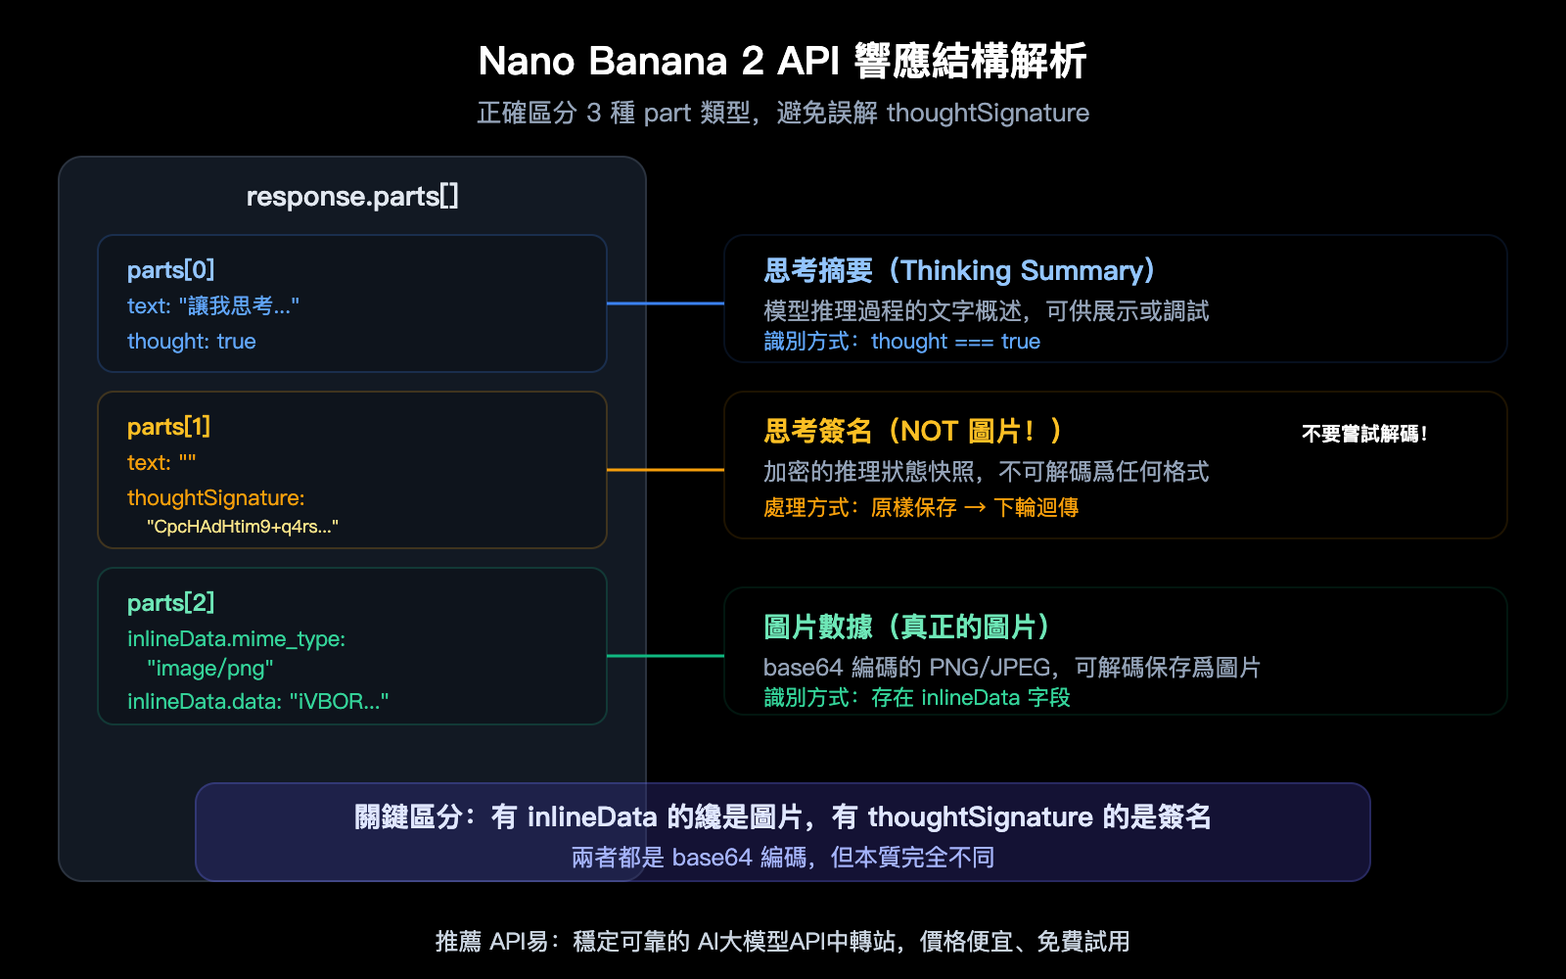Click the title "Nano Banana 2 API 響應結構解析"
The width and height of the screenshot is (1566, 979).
[x=782, y=61]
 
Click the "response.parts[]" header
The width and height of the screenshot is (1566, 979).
[x=352, y=197]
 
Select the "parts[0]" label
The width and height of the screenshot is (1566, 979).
[x=170, y=270]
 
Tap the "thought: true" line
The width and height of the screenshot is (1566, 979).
[x=192, y=342]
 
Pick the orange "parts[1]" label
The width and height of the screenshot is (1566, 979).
[x=168, y=427]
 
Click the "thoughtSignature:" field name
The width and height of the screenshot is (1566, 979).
[x=215, y=498]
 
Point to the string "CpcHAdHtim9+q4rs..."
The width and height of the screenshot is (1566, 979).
[x=243, y=527]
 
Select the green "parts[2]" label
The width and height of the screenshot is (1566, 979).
[x=170, y=603]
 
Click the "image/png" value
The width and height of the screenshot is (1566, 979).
[x=210, y=669]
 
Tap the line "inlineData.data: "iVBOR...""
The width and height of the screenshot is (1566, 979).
[x=257, y=701]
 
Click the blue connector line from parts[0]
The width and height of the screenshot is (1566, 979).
[x=666, y=303]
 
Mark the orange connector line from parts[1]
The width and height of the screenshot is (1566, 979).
[x=666, y=470]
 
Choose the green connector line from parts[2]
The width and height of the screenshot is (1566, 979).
[x=666, y=656]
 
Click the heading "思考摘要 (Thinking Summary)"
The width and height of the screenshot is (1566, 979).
[x=959, y=271]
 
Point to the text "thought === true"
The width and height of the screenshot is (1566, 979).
[x=955, y=342]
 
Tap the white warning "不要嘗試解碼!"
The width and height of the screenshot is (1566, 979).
[x=1364, y=434]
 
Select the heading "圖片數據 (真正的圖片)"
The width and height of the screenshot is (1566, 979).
[x=906, y=628]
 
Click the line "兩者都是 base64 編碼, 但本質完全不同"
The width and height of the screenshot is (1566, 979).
[x=783, y=858]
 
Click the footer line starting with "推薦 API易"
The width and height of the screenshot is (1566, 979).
[x=783, y=942]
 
